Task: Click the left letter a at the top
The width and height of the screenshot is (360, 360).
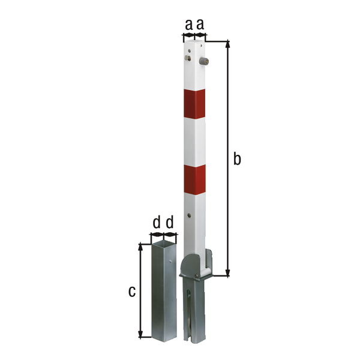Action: (x=188, y=25)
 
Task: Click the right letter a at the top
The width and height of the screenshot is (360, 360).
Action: (x=200, y=25)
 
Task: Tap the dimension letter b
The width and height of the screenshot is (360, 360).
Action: (x=237, y=159)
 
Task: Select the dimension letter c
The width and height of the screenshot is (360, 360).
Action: (x=132, y=292)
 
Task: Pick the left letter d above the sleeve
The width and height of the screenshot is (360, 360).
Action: (x=156, y=223)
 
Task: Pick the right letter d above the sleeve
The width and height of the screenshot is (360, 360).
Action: (x=169, y=223)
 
